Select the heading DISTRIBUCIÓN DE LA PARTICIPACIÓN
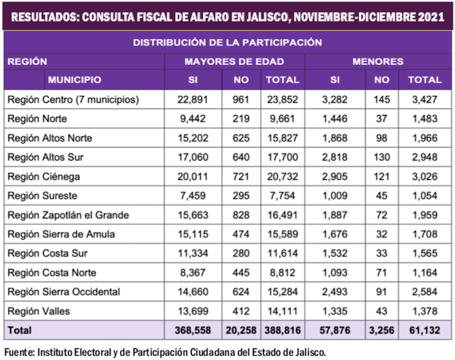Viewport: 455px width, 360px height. [227, 42]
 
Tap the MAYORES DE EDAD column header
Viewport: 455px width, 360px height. [234, 61]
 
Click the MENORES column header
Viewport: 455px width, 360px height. [378, 61]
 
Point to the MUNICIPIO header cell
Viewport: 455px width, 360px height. [73, 80]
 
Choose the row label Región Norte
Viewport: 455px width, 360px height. [37, 119]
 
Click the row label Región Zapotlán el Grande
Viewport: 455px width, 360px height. [68, 215]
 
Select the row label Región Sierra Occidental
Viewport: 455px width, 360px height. [64, 292]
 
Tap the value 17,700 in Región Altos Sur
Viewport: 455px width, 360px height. [281, 157]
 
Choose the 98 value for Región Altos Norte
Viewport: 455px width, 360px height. [382, 138]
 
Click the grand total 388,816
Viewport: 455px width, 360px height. [281, 331]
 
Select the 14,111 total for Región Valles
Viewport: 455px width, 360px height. [281, 311]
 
